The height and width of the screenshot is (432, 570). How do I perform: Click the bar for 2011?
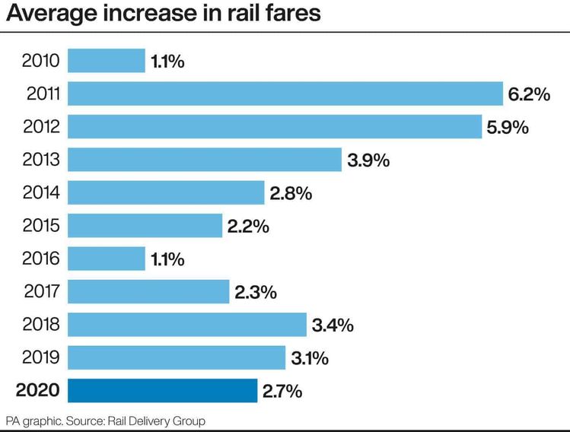285,94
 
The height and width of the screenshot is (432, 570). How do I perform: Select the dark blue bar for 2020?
162,391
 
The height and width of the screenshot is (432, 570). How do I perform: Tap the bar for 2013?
204,160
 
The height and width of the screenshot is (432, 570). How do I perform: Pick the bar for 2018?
186,325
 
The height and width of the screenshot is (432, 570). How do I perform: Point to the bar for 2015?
145,226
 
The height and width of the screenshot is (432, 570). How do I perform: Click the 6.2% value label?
528,94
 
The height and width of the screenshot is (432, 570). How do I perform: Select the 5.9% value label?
507,127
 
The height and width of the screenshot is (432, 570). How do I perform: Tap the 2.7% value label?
282,392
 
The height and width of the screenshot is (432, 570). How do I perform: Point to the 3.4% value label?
333,326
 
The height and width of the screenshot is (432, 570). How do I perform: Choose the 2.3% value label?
255,292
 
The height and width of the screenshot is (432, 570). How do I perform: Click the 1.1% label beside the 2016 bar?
167,259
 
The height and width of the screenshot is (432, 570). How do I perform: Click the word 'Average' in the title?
54,14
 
